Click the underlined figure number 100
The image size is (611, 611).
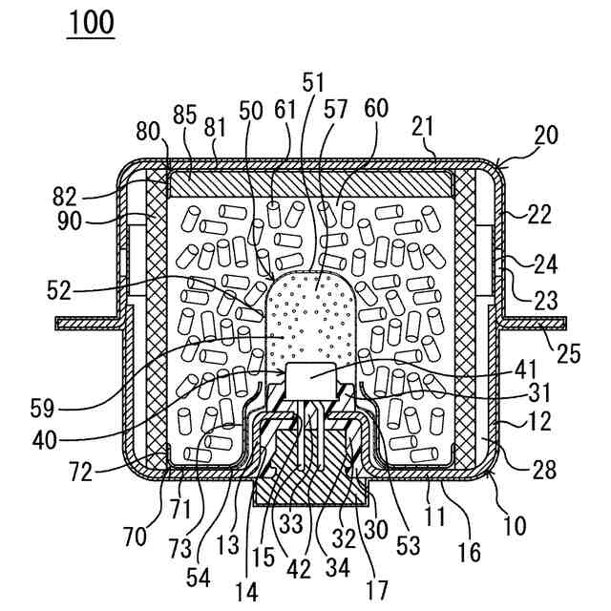91,22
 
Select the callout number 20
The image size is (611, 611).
545,136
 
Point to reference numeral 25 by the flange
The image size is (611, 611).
569,354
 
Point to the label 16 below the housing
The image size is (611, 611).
469,551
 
